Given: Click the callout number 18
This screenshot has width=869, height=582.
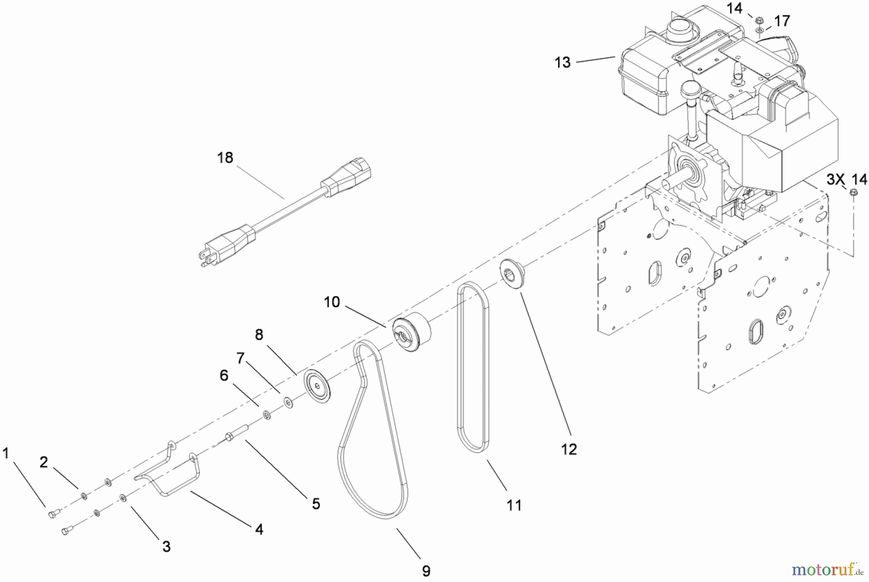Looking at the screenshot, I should (225, 157).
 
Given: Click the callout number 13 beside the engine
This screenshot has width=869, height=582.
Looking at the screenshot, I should (562, 62).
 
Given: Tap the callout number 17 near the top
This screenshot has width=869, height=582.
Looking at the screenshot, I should (782, 21).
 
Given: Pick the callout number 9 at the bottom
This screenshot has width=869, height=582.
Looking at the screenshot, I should (426, 571).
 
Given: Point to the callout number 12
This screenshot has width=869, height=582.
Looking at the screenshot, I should (569, 449).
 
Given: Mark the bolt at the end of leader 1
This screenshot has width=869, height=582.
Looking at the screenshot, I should (53, 514).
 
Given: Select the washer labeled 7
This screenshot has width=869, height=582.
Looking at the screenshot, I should (289, 402).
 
